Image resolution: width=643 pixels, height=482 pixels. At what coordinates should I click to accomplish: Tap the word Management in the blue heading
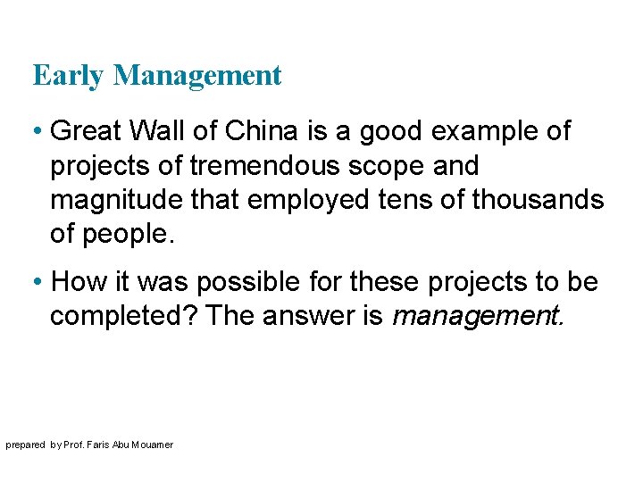click(x=197, y=77)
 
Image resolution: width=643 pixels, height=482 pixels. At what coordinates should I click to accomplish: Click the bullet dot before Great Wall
click(x=39, y=132)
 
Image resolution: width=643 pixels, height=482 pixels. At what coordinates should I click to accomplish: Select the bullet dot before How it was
click(x=39, y=282)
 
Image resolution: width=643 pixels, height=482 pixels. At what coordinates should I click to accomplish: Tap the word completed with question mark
click(x=123, y=317)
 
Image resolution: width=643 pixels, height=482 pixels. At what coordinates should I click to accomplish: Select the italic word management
click(x=479, y=317)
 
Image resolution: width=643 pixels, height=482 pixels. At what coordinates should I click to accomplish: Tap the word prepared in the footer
click(x=25, y=445)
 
